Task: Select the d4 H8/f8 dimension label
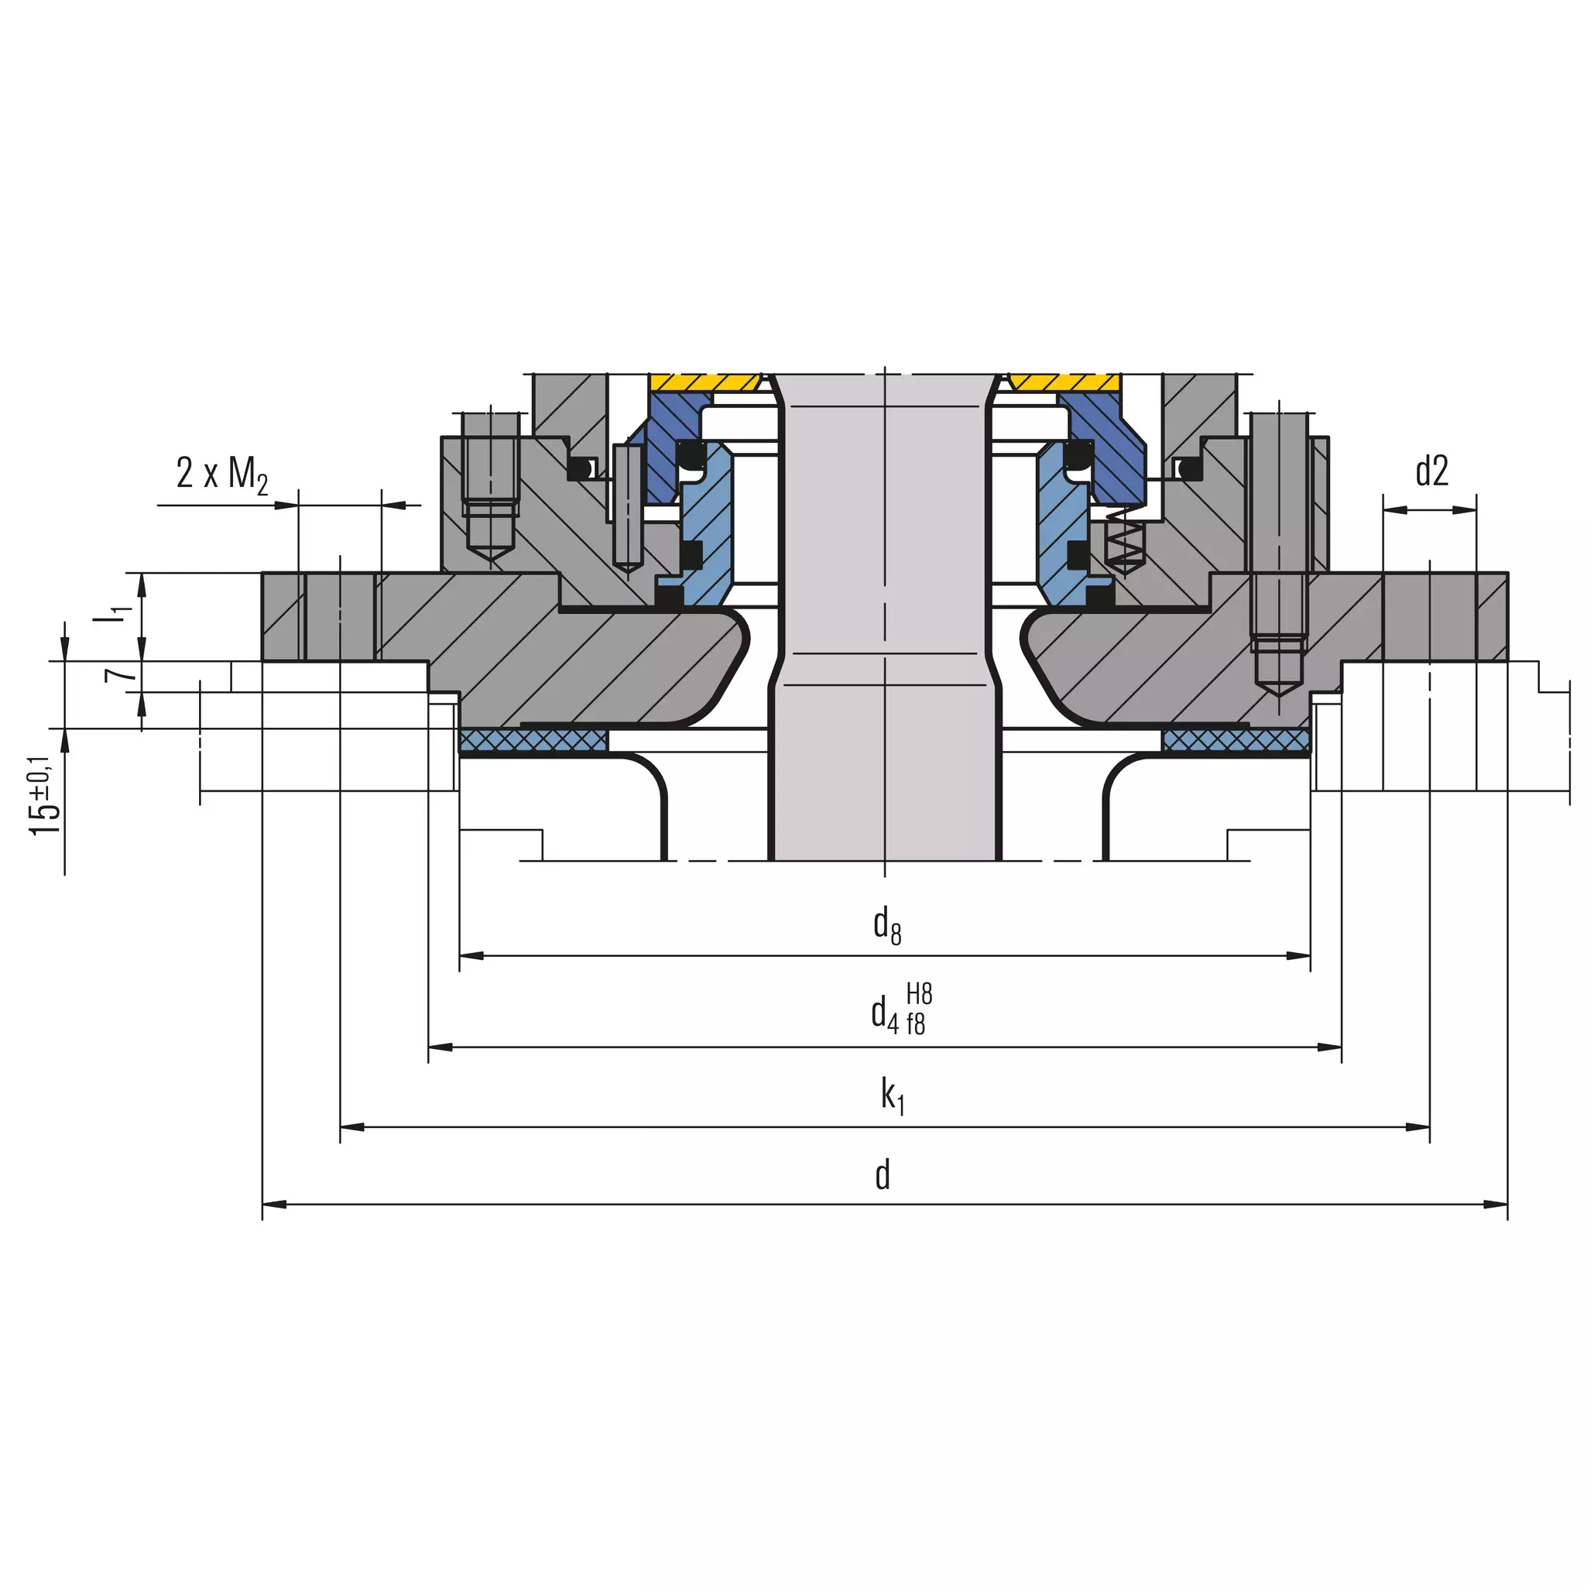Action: (x=902, y=1009)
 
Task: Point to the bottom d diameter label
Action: (x=883, y=1174)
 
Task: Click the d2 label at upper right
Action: (x=1431, y=471)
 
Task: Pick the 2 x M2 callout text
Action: (x=221, y=475)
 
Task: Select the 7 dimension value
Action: (x=121, y=674)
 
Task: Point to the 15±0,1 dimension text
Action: (x=44, y=795)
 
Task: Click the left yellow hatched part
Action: (x=704, y=382)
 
